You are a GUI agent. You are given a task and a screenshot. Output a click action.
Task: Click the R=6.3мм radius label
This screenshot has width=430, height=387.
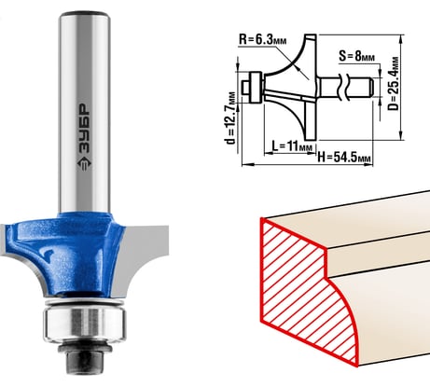click(262, 40)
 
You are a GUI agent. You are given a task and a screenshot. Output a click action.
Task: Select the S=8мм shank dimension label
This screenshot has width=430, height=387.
click(356, 56)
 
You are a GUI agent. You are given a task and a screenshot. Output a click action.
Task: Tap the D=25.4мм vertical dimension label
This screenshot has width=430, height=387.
click(394, 84)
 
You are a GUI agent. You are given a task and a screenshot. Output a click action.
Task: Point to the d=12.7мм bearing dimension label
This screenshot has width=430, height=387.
click(230, 118)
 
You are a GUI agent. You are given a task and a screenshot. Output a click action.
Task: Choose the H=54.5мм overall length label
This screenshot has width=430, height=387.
click(344, 158)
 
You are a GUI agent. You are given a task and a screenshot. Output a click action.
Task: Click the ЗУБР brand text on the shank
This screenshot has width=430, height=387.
click(83, 128)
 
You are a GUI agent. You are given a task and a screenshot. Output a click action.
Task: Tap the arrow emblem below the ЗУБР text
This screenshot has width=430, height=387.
click(84, 164)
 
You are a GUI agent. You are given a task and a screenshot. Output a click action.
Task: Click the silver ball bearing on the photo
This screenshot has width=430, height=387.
click(84, 324)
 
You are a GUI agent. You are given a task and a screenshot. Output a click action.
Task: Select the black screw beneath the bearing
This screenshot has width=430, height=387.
click(84, 357)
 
